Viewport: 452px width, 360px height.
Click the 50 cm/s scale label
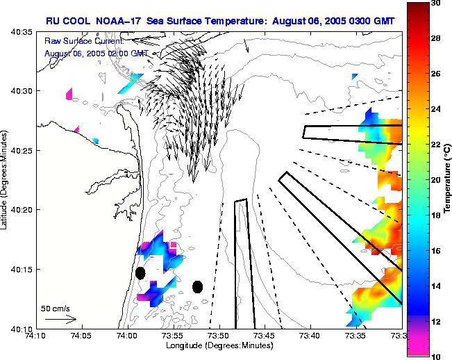[54, 308]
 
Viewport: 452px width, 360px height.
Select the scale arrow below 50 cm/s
[60, 319]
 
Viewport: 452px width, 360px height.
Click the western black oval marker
[140, 273]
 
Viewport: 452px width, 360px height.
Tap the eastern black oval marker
[197, 286]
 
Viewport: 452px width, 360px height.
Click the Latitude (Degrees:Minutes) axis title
[6, 180]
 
